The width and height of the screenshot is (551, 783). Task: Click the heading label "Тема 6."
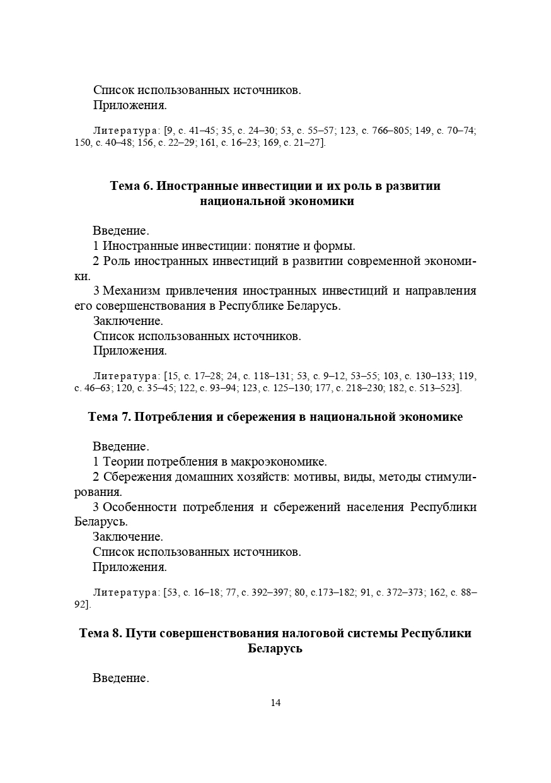pyautogui.click(x=130, y=186)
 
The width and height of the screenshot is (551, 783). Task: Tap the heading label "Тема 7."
pyautogui.click(x=109, y=417)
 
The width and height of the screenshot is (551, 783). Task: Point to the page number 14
pyautogui.click(x=275, y=703)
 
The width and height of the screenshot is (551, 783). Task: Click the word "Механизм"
pyautogui.click(x=130, y=291)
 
